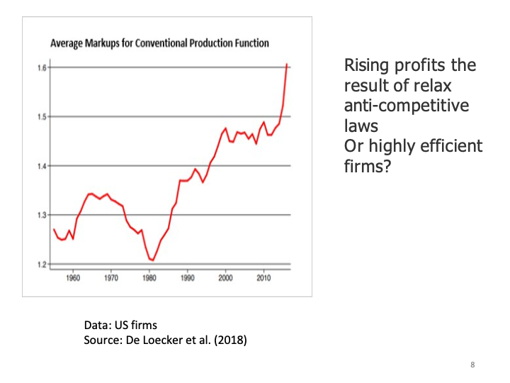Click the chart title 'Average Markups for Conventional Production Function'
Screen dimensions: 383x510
tap(159, 44)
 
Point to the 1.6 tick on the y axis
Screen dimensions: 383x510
tap(42, 68)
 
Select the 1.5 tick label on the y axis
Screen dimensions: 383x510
tap(42, 117)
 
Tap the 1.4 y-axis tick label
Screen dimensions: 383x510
tap(42, 166)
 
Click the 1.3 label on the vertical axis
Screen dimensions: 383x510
tap(42, 215)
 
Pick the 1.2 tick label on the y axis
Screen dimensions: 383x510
tap(42, 265)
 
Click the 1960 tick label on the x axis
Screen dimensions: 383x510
tap(72, 278)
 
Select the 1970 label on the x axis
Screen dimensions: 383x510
tap(111, 278)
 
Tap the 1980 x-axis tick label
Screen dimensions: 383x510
tap(149, 278)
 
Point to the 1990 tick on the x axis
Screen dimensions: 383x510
tap(188, 278)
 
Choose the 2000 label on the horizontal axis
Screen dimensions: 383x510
tap(226, 278)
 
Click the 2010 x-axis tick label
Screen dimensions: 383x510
tap(264, 278)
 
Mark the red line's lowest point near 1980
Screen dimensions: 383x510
tap(152, 260)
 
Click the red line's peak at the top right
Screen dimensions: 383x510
tap(287, 65)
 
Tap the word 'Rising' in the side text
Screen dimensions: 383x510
tap(367, 66)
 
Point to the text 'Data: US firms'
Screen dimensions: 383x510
tap(120, 326)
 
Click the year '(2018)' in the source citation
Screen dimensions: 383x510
tap(228, 340)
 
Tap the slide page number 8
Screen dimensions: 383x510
tap(472, 365)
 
